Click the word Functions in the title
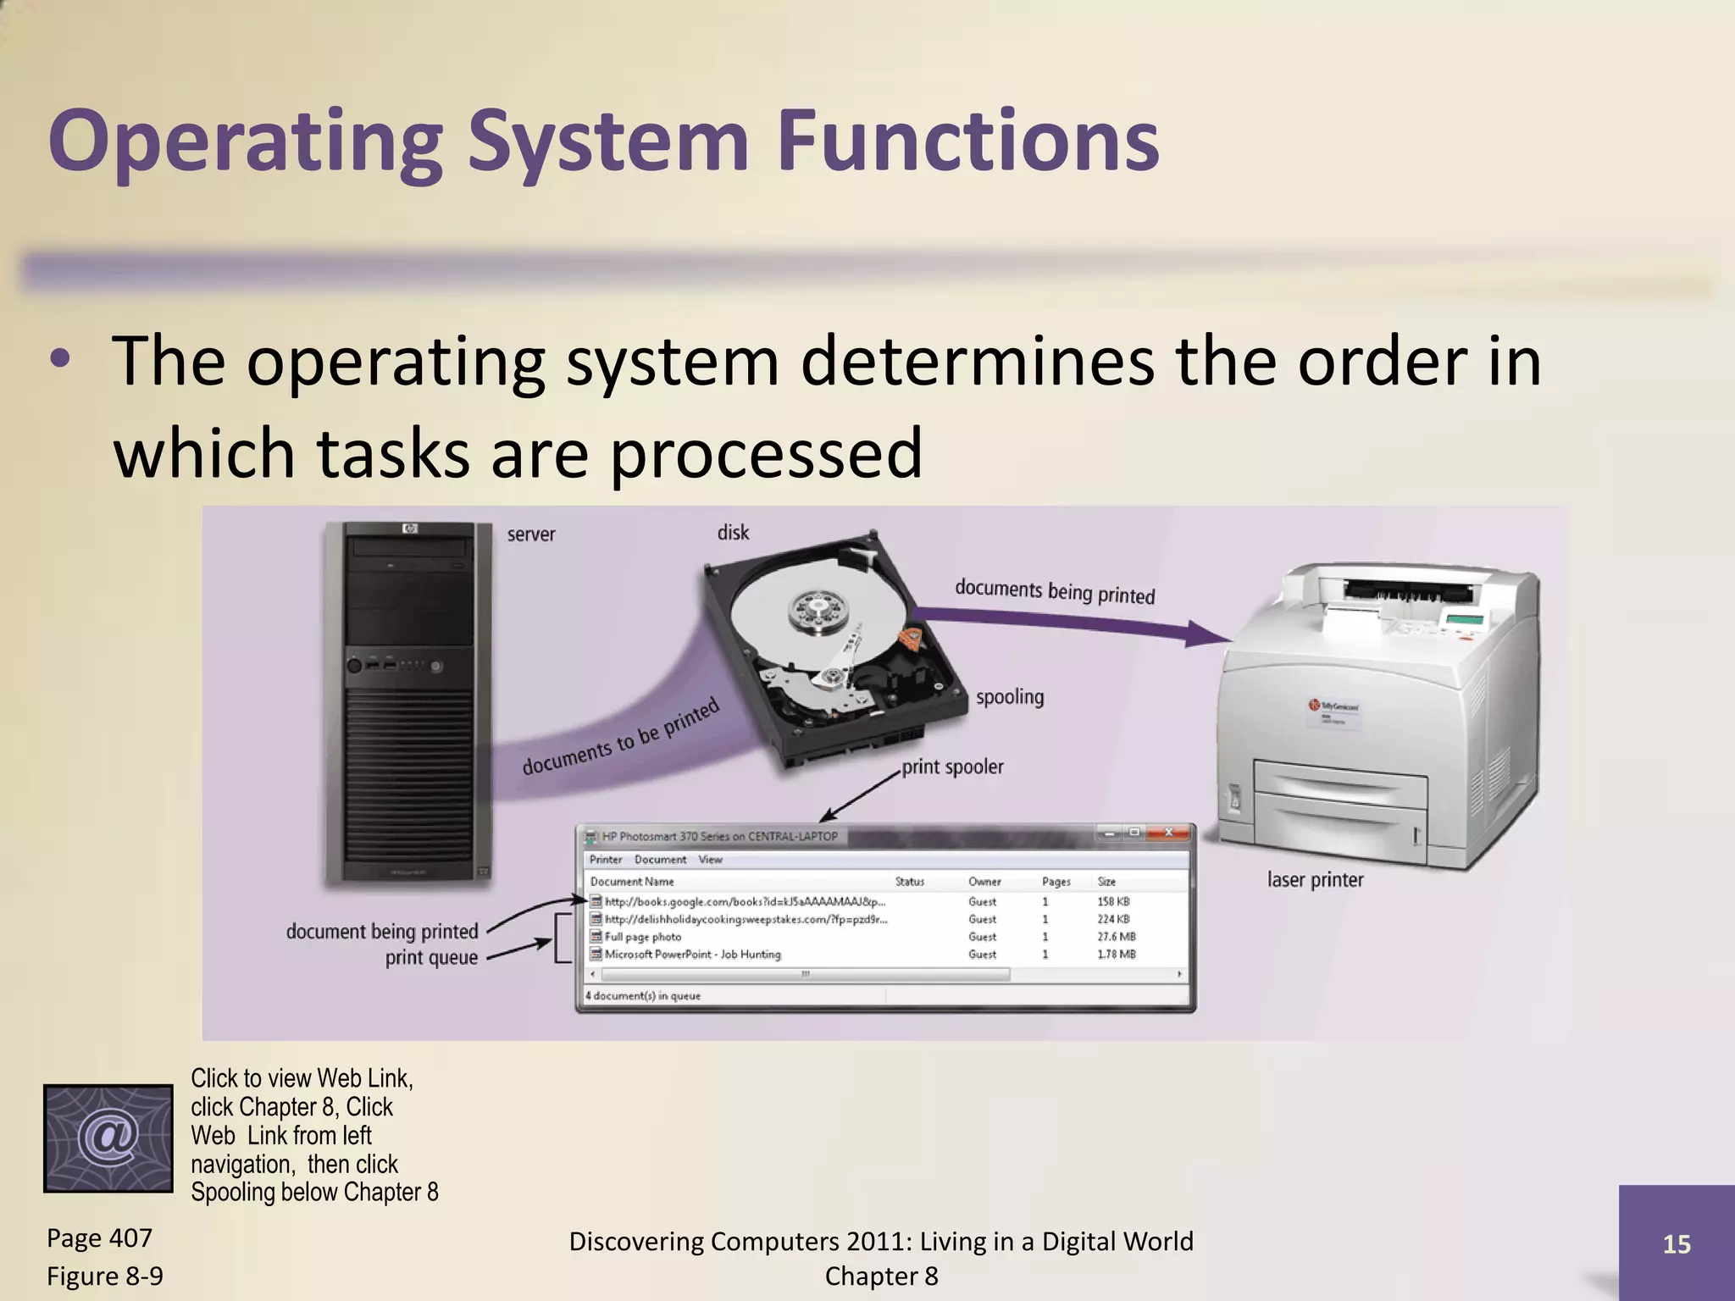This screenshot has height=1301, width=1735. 967,141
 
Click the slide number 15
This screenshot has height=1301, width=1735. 1677,1244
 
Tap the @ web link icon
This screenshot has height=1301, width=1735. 108,1138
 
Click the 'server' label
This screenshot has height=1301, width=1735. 531,534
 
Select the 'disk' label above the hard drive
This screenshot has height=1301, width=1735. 733,533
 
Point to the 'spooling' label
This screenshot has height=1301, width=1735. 1010,697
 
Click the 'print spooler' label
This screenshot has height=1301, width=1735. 952,767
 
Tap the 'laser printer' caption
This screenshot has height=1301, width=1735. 1315,880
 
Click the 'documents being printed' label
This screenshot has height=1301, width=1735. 1055,591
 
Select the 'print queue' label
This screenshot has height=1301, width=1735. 431,958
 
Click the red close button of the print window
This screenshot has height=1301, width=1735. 1168,833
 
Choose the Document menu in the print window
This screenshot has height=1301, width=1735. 660,860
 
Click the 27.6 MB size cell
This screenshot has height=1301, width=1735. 1116,937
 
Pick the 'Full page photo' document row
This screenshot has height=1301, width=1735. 643,937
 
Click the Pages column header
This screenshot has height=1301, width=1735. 1056,882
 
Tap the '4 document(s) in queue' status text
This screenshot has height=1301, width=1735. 643,996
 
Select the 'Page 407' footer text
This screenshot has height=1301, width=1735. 99,1238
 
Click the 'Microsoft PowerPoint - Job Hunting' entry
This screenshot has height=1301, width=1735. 692,955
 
